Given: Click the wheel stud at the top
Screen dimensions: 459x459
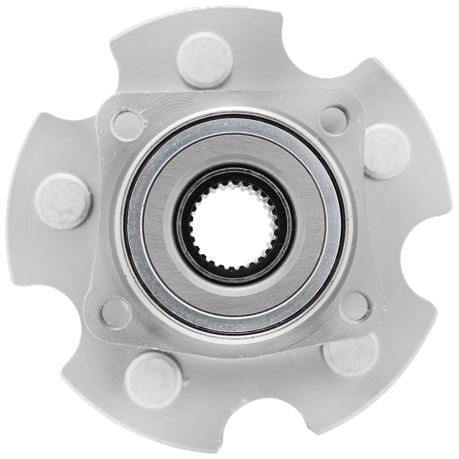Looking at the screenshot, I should point(204,60).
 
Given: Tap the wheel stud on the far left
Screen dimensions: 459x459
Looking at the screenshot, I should point(62,201).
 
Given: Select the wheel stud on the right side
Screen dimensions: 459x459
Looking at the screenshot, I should point(386,151).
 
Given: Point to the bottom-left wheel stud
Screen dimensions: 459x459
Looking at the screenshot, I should point(153,379).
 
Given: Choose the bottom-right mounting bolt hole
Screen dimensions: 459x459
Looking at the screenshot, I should point(356,307).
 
